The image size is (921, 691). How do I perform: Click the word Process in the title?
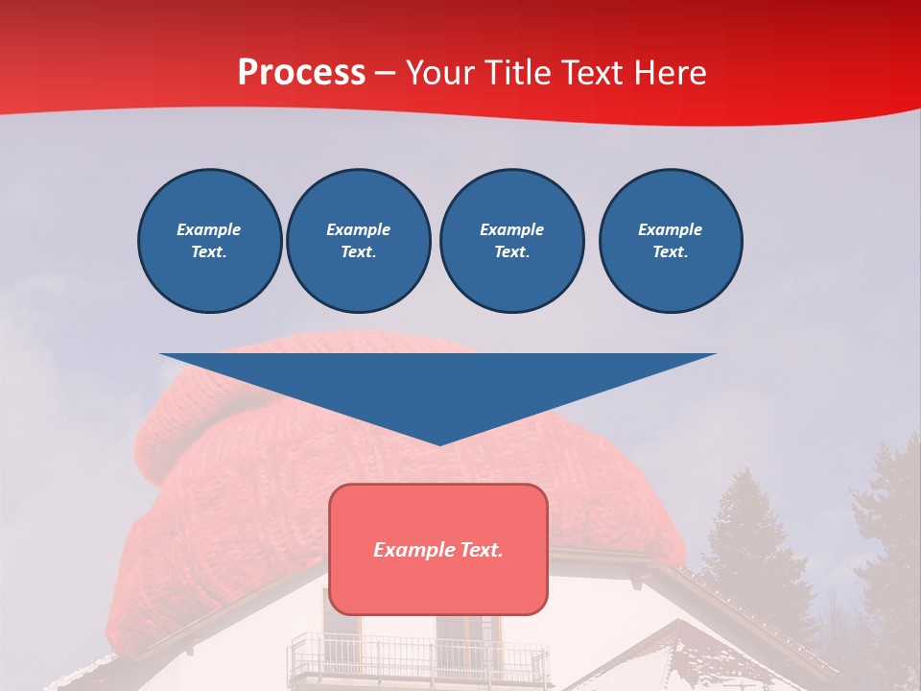(x=301, y=73)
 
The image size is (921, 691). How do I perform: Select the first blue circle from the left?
(x=209, y=240)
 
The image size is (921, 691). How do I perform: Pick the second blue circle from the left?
(x=358, y=240)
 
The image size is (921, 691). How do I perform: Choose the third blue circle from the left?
(x=511, y=240)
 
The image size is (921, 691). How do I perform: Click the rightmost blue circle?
(x=670, y=240)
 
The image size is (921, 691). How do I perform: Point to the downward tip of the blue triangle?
(x=438, y=442)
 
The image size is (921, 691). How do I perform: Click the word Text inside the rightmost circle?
(x=670, y=251)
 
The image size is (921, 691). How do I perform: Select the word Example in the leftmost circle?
(x=209, y=229)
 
